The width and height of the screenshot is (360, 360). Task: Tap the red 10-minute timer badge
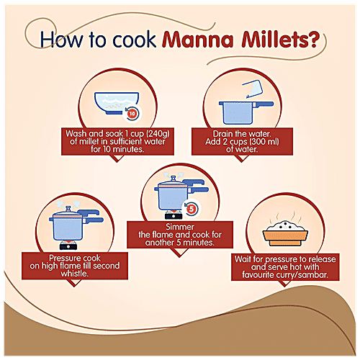coord(132,113)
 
